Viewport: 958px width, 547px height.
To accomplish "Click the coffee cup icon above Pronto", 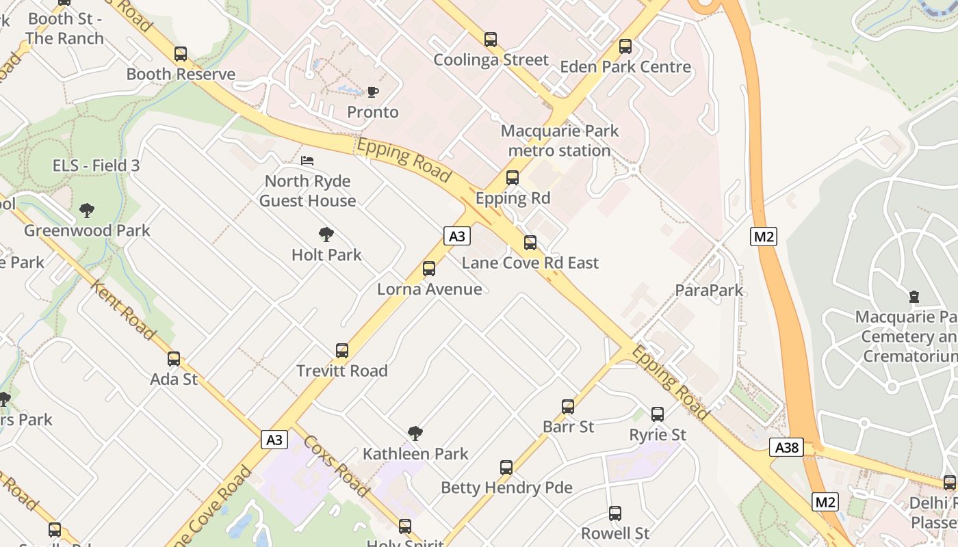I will pos(372,92).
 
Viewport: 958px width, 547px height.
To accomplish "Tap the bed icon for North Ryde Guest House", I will pos(307,161).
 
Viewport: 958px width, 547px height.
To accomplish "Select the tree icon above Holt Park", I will pos(326,235).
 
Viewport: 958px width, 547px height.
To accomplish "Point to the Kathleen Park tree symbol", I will pos(415,433).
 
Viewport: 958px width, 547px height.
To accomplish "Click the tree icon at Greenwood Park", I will pos(86,210).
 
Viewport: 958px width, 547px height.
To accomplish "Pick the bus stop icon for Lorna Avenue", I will pos(429,269).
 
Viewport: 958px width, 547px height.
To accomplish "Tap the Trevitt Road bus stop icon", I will pos(342,351).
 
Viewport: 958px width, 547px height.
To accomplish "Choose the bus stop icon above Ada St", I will pos(174,359).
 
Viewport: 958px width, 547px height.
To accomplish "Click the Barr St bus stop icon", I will pos(568,407).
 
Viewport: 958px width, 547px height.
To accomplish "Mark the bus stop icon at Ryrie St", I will pos(658,414).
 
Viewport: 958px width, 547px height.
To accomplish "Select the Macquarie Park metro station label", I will pos(560,141).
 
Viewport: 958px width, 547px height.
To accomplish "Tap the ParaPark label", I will pos(709,290).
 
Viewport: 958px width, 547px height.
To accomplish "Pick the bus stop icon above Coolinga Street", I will pos(491,40).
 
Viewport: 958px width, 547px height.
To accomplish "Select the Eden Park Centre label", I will pos(625,67).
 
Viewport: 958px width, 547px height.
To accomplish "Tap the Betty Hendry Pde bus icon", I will pos(506,468).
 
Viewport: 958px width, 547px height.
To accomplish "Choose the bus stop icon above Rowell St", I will pos(615,513).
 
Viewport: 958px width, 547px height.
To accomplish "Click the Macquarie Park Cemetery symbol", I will pos(914,297).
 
